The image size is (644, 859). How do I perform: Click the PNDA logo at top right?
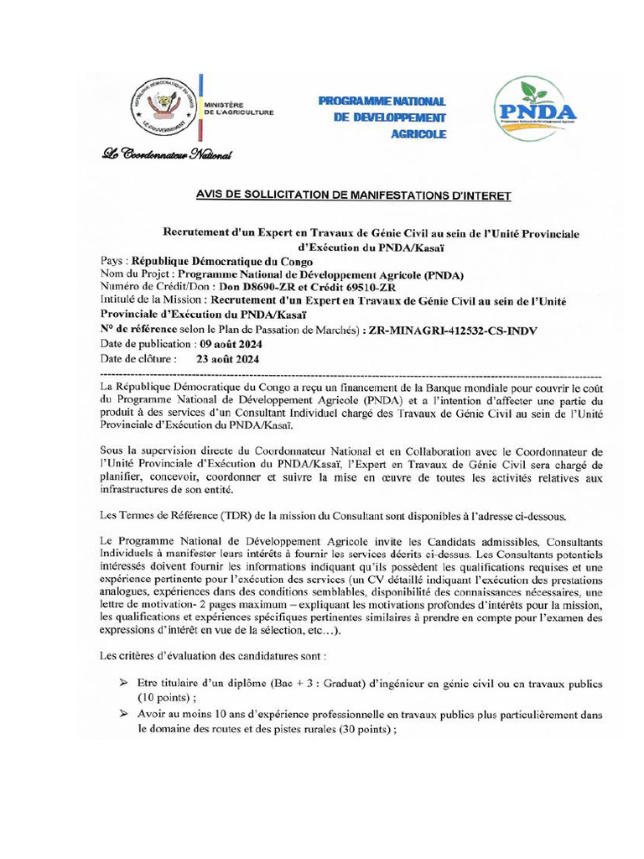tap(537, 110)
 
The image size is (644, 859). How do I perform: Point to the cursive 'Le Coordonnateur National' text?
tap(166, 154)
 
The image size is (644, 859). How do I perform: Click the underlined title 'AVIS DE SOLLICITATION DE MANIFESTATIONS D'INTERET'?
tap(353, 195)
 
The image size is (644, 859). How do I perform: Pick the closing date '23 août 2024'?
tap(227, 358)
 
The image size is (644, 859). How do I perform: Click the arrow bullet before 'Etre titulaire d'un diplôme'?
tap(122, 683)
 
